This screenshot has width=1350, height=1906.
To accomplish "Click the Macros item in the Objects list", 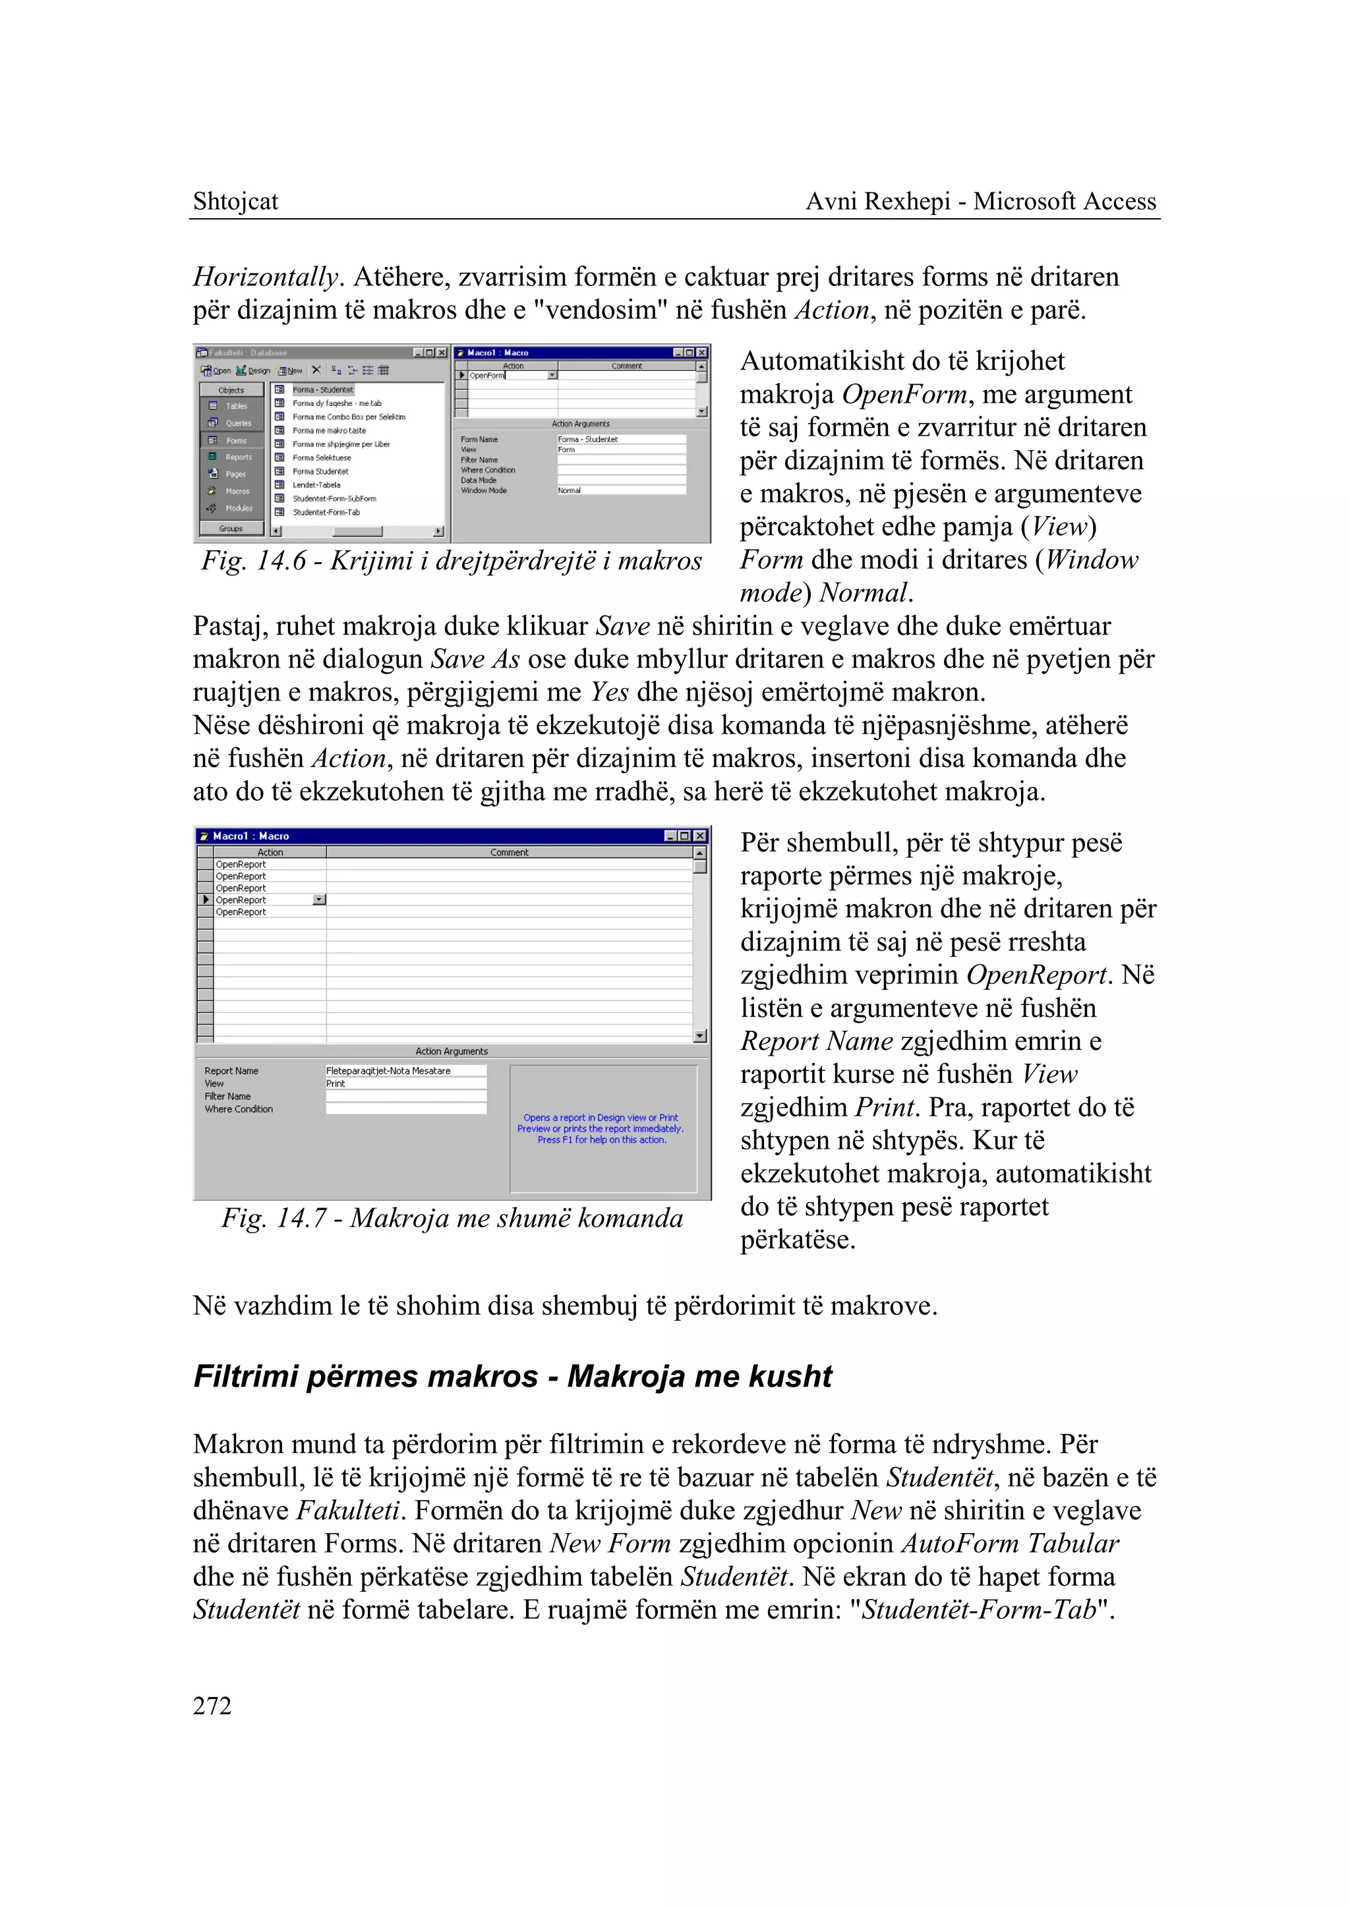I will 236,490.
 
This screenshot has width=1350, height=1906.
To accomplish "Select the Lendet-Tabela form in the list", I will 316,484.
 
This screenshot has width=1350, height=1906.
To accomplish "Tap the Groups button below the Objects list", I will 231,529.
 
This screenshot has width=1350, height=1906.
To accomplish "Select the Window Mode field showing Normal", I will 620,490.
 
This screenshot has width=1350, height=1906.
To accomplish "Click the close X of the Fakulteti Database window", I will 442,353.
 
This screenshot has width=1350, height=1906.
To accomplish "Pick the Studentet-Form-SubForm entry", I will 334,499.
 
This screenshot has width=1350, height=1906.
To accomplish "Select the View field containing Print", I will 405,1083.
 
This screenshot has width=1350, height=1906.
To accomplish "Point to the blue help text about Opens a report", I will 601,1129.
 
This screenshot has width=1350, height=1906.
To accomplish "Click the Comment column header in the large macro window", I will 509,852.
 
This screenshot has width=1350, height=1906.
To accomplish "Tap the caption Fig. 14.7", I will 452,1218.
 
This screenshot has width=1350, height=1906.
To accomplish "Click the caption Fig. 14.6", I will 452,561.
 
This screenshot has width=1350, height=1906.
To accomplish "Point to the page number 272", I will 212,1706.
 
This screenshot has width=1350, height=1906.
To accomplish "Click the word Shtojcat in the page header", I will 235,201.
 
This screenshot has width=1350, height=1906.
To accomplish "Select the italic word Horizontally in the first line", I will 265,277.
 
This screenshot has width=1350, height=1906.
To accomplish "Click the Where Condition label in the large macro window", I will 239,1109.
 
